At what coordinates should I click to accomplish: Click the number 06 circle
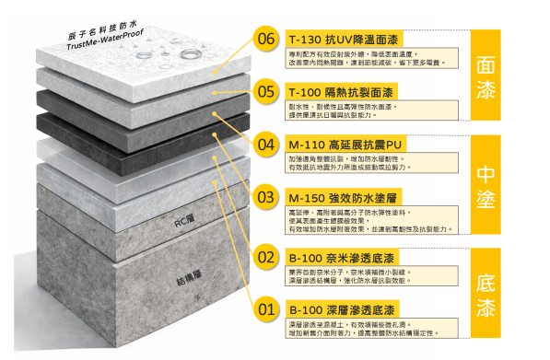266,40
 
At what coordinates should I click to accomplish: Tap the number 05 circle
266,92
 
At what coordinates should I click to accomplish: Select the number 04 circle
266,145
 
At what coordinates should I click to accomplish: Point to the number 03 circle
266,198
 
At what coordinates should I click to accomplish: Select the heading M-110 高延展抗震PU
341,145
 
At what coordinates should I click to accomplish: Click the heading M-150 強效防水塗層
341,199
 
